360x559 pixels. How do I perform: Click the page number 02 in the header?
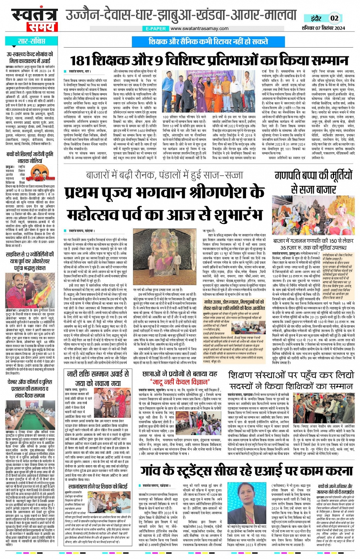tap(334, 18)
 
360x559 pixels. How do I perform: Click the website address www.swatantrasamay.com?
tap(197, 29)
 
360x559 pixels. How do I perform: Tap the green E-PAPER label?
tap(156, 29)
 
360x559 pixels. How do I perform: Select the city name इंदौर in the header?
tap(316, 18)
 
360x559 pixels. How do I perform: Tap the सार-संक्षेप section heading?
tap(31, 42)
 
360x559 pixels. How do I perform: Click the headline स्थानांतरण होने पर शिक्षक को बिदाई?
tap(98, 486)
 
